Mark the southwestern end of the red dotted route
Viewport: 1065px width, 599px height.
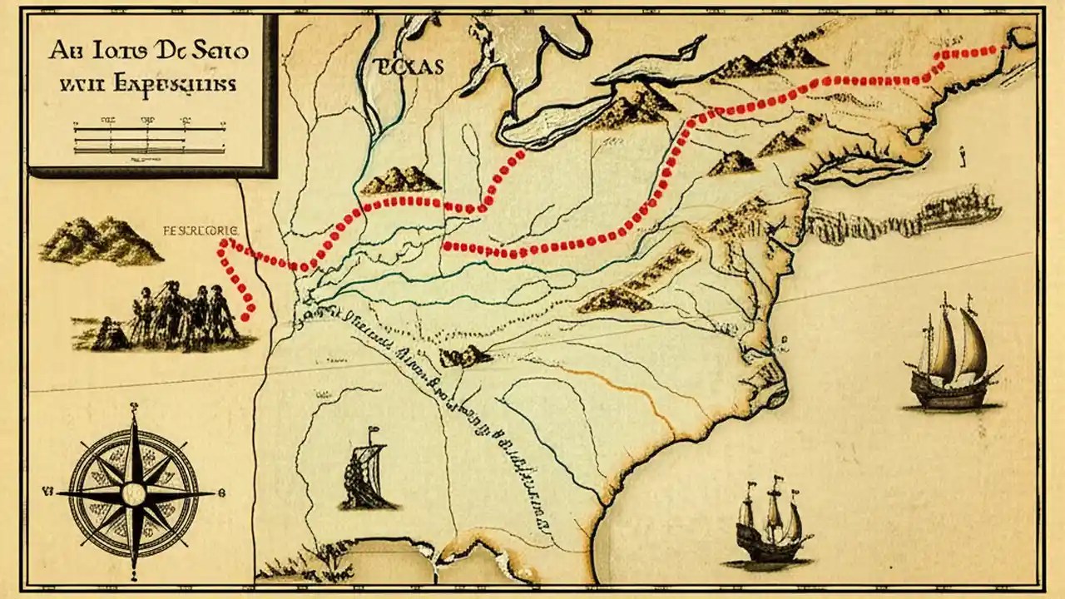click(x=245, y=316)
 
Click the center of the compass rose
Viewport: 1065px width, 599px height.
click(x=133, y=493)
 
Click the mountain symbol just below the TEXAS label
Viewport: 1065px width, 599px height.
click(x=400, y=180)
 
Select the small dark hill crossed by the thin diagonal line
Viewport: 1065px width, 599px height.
click(x=465, y=356)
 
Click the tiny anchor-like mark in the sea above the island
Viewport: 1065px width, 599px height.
click(x=960, y=154)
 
